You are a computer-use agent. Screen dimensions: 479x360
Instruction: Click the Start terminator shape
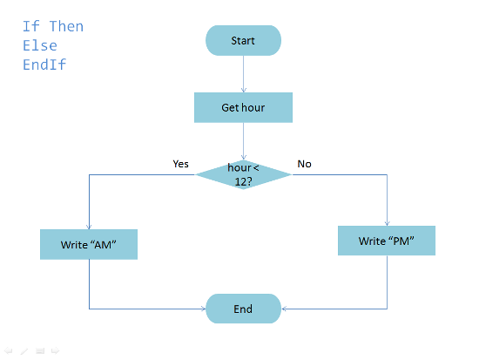pos(243,40)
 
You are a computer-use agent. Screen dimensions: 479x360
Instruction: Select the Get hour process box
pos(243,107)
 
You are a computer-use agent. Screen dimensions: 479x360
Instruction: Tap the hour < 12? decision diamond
pos(243,174)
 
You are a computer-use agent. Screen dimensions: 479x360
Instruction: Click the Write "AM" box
pos(89,244)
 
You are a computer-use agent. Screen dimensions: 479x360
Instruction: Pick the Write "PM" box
pos(387,241)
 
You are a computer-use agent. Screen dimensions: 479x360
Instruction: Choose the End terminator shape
pos(243,309)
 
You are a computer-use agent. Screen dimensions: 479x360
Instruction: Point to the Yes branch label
pos(180,164)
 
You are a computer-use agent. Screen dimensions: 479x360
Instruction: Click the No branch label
pos(304,164)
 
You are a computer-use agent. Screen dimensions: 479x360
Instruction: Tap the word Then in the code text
pos(66,26)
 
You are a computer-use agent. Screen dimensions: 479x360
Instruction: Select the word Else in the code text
pos(40,45)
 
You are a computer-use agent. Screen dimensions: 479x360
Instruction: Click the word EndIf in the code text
pos(44,65)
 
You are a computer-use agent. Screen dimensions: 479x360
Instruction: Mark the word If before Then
pos(31,26)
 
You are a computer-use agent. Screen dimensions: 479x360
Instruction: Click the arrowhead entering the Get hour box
pos(244,91)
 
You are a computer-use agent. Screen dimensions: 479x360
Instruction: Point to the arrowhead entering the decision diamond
pos(244,158)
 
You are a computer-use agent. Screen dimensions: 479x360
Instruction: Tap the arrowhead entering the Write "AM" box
pos(89,228)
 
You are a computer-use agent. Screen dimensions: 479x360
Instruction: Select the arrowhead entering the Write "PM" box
pos(387,224)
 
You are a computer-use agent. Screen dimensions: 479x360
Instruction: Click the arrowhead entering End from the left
pos(204,309)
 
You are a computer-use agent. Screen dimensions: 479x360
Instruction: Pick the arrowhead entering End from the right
pos(284,309)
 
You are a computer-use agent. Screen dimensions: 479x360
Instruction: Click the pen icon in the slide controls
pos(24,351)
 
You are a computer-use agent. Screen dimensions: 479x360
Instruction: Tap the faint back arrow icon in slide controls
pos(8,350)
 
